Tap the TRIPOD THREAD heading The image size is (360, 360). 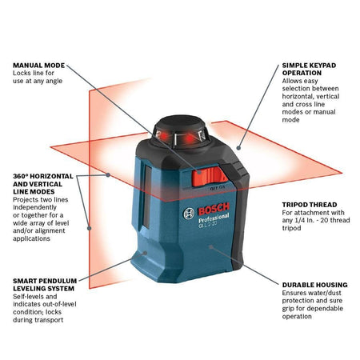point(309,203)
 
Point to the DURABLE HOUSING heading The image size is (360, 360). point(314,285)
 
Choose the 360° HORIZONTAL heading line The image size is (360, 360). point(42,175)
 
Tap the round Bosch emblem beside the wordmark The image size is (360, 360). point(189,212)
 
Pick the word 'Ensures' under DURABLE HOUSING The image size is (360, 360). point(295,294)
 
